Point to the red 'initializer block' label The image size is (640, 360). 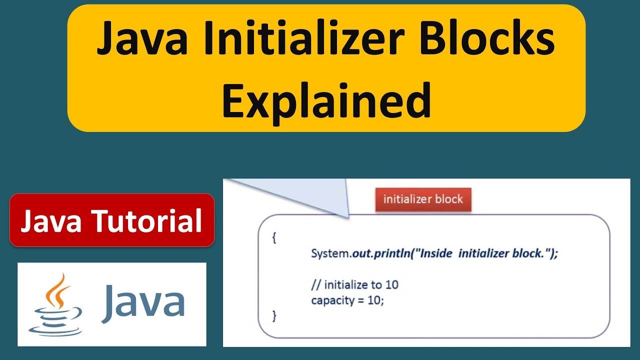coord(423,199)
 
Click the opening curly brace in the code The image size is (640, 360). coord(274,238)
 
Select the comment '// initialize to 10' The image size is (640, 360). coord(354,285)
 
